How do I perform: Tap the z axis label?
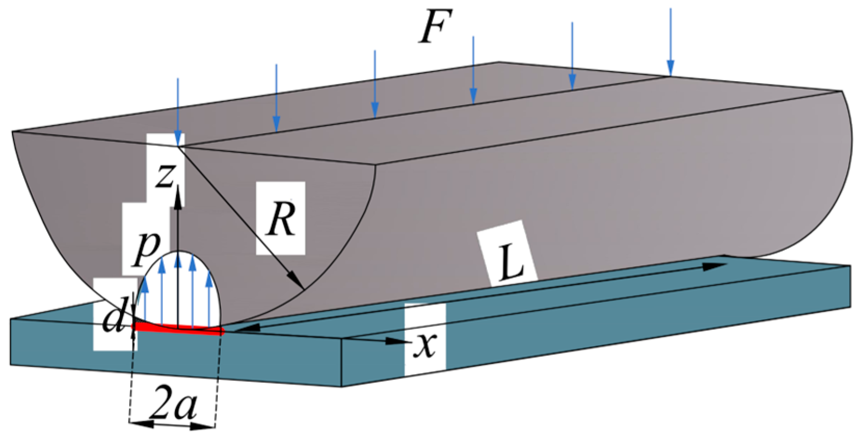[165, 175]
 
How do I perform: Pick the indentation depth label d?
[113, 318]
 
